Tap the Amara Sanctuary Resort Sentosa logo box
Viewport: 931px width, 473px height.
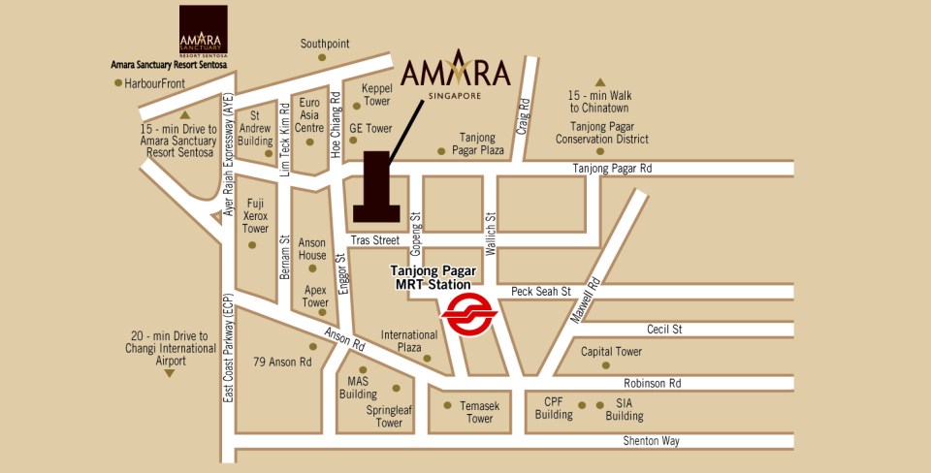(x=204, y=31)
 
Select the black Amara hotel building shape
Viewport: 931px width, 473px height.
(x=375, y=187)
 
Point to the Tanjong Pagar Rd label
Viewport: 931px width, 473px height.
(x=611, y=169)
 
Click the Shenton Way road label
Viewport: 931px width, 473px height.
(x=651, y=441)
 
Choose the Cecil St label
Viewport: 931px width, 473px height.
(x=664, y=330)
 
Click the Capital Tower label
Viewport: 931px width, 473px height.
(x=611, y=352)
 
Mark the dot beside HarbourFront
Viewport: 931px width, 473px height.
(x=118, y=84)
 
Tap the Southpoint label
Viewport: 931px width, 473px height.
(x=324, y=44)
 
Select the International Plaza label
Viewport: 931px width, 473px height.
(x=408, y=340)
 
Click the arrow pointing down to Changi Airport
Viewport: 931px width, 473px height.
(x=168, y=372)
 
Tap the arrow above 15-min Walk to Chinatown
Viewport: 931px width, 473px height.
(x=599, y=83)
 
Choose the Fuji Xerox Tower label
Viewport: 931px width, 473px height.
(x=255, y=216)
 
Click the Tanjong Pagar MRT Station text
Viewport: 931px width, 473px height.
(x=433, y=278)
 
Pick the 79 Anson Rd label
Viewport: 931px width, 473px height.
(x=284, y=363)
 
